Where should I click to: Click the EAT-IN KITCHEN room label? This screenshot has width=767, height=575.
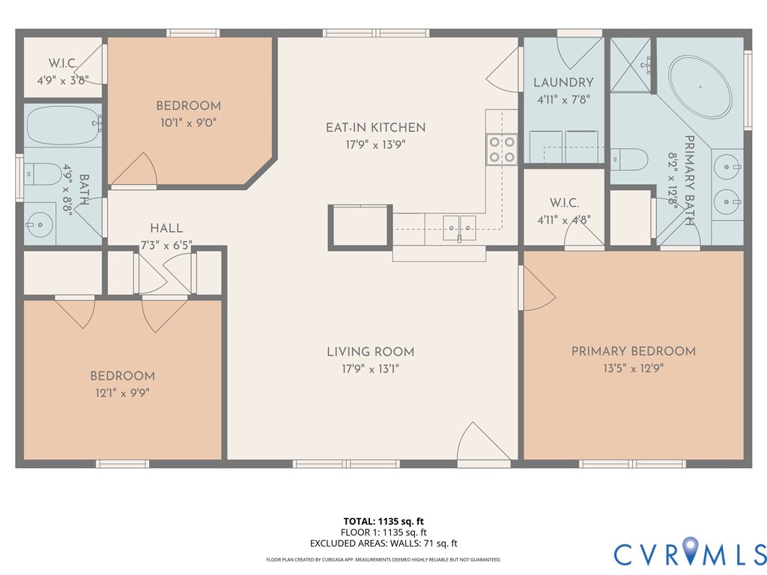pyautogui.click(x=375, y=127)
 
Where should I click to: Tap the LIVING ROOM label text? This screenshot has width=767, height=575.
pyautogui.click(x=370, y=352)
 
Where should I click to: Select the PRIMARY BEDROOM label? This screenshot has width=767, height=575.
pyautogui.click(x=633, y=351)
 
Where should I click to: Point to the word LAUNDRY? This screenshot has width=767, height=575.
pyautogui.click(x=563, y=82)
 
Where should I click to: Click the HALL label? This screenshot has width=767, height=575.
pyautogui.click(x=166, y=228)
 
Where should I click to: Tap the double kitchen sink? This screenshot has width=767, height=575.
pyautogui.click(x=458, y=225)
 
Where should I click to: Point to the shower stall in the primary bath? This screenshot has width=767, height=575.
pyautogui.click(x=632, y=65)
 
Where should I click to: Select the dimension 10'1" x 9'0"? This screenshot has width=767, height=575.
pyautogui.click(x=188, y=121)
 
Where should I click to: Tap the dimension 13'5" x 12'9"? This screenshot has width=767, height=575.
pyautogui.click(x=633, y=368)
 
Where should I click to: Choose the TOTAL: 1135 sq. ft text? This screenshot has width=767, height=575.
pyautogui.click(x=383, y=521)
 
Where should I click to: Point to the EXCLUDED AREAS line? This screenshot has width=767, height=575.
pyautogui.click(x=383, y=544)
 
